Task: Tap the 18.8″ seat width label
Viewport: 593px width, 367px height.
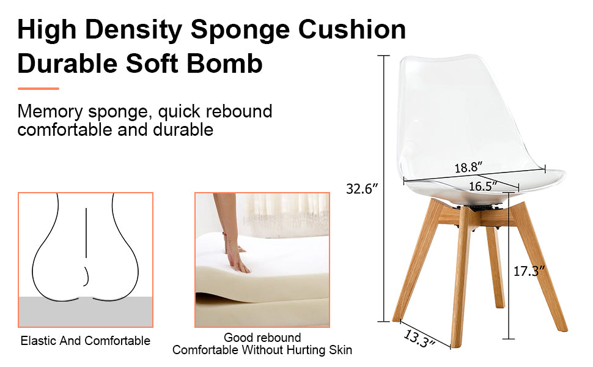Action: pos(469,167)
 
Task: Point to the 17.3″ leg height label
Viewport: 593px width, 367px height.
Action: pos(528,270)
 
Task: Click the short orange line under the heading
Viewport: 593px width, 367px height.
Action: pos(38,89)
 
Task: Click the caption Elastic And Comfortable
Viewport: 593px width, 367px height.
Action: pos(86,341)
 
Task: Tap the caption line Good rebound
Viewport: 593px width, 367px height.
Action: pos(262,338)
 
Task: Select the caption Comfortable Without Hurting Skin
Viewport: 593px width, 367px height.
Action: pos(262,350)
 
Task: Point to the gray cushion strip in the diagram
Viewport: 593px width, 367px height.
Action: pos(86,311)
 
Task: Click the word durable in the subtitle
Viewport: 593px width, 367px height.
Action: pos(184,130)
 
